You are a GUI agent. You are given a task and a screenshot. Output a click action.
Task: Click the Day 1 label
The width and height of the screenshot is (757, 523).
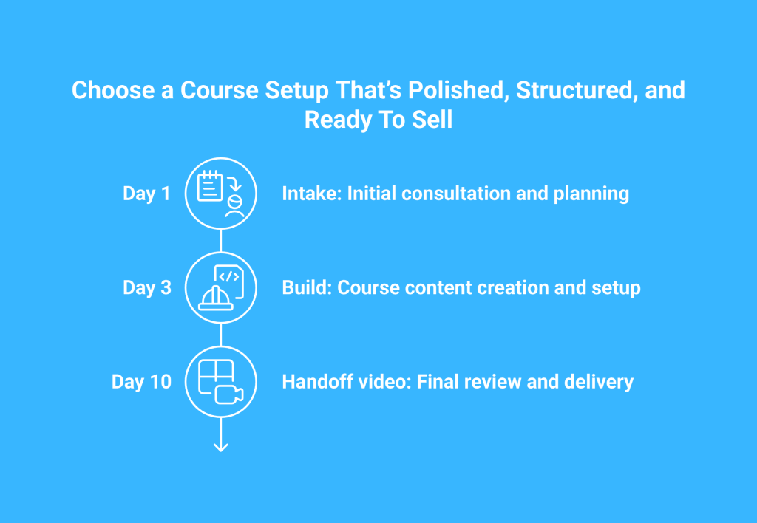147,194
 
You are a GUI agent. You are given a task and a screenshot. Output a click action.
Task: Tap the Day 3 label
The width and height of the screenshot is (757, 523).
147,287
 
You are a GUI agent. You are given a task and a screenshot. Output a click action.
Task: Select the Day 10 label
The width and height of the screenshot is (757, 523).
141,382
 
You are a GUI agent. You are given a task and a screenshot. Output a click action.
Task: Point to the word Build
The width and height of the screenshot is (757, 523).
307,287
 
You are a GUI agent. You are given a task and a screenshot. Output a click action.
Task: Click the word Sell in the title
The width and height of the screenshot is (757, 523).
432,119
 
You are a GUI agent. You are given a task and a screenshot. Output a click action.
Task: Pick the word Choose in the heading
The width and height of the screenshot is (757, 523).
113,90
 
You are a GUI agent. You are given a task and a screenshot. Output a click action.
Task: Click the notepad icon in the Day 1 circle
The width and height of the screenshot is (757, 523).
210,185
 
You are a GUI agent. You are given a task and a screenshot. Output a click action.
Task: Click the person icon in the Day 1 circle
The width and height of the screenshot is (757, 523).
234,207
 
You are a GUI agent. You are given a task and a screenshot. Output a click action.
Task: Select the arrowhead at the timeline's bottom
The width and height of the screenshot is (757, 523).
221,447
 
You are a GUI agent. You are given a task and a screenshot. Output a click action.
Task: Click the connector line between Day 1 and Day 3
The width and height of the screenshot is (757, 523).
221,240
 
